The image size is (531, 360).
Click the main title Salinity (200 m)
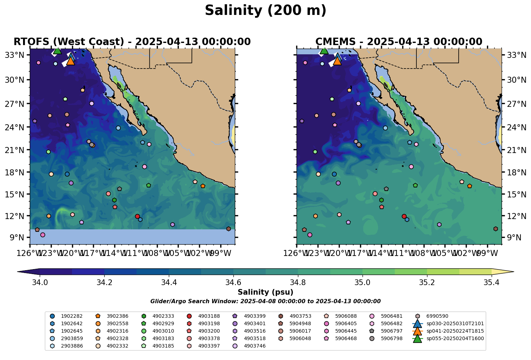coord(265,11)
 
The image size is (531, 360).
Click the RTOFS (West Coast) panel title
coord(132,42)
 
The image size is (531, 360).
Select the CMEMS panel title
coord(399,42)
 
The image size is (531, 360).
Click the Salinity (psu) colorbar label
coord(265,293)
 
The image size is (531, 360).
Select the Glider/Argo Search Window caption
coord(265,301)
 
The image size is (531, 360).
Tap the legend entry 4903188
coord(209,316)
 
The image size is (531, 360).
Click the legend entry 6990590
coord(437,316)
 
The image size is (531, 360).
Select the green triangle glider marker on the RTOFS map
coord(57,50)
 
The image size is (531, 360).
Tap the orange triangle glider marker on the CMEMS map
coord(337,61)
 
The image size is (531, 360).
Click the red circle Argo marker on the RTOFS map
coord(137,216)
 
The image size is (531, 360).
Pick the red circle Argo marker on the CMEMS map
coord(404,216)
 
